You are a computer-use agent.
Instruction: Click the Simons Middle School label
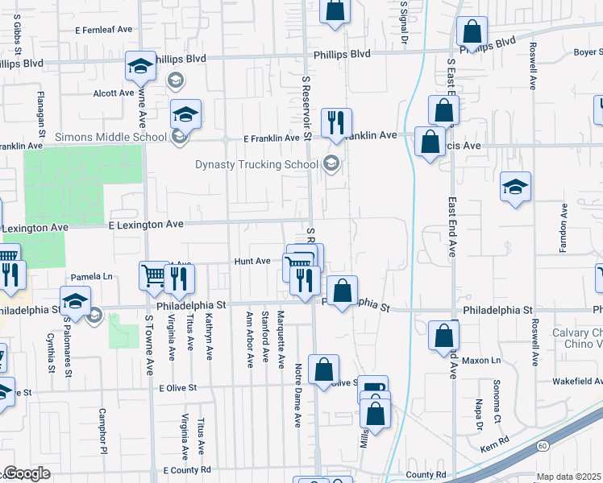coord(110,137)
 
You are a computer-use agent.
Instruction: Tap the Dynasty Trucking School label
coord(257,165)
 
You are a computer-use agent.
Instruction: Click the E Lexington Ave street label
coord(146,224)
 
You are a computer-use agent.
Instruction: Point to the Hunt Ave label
coord(252,262)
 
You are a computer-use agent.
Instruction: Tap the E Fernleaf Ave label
coord(103,29)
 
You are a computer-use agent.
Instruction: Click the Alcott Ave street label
coord(113,93)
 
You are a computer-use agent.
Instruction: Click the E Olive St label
coord(178,388)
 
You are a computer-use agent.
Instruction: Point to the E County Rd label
coord(186,469)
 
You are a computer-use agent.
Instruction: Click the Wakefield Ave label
coord(577,381)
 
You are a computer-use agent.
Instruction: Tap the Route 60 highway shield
coord(543,445)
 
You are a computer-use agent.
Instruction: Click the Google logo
coord(26,474)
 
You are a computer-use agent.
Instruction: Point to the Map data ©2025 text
coord(569,477)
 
